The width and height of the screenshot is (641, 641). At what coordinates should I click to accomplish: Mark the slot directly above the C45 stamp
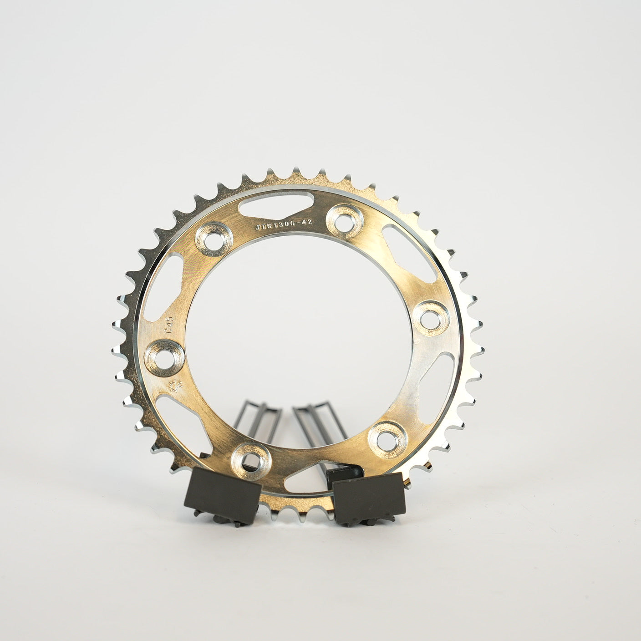(x=169, y=282)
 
